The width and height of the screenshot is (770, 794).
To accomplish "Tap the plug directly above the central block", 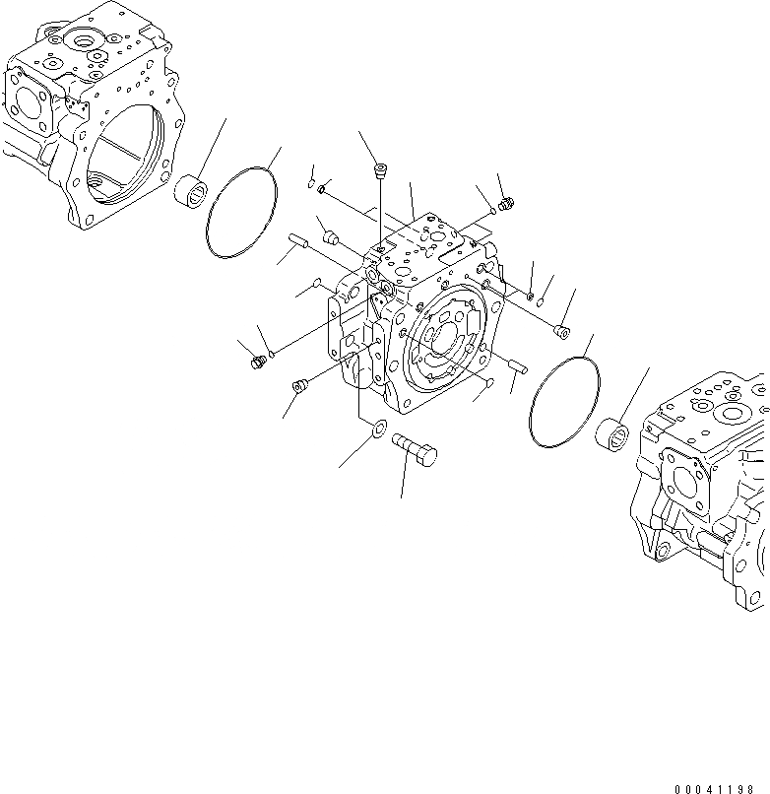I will [380, 174].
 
